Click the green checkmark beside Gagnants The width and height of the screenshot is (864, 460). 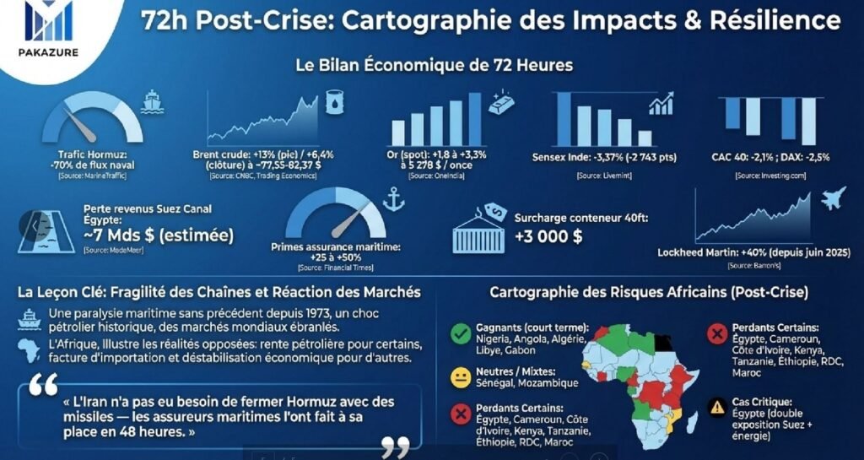[x=461, y=334]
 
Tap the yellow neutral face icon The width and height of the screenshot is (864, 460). [x=461, y=376]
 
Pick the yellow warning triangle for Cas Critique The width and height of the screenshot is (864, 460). [x=717, y=407]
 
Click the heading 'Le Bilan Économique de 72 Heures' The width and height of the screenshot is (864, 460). [x=434, y=64]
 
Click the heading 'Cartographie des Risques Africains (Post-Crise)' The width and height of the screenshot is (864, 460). [x=649, y=293]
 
